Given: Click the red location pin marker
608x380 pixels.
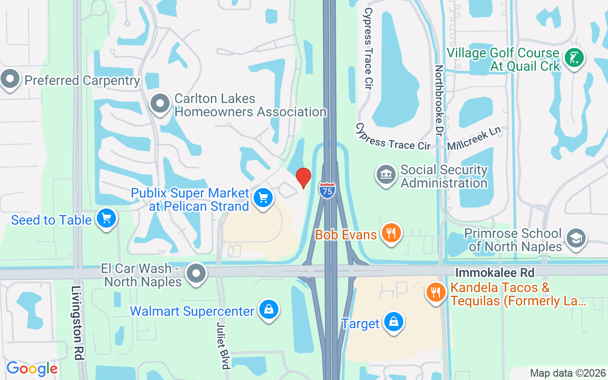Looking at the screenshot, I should click(x=304, y=178).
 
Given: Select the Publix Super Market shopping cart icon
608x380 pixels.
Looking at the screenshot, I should click(x=263, y=198).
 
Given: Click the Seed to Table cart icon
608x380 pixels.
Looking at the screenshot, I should click(x=106, y=219).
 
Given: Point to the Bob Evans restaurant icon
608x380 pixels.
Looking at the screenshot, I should click(x=390, y=233).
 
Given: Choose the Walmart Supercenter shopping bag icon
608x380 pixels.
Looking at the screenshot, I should click(x=269, y=310).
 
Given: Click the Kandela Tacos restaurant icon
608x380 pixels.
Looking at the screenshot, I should click(x=436, y=292).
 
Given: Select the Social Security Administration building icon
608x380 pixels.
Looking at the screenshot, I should click(x=386, y=175).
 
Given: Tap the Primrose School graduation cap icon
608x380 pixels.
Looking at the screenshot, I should click(x=576, y=239).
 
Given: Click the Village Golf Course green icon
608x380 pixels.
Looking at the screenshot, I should click(x=574, y=58).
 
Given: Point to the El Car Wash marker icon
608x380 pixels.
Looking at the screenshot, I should click(x=196, y=274).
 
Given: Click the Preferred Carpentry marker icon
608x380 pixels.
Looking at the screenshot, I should click(x=10, y=79).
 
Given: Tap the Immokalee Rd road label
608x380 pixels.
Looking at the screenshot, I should click(x=495, y=273).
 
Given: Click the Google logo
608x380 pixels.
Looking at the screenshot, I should click(x=32, y=369).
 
